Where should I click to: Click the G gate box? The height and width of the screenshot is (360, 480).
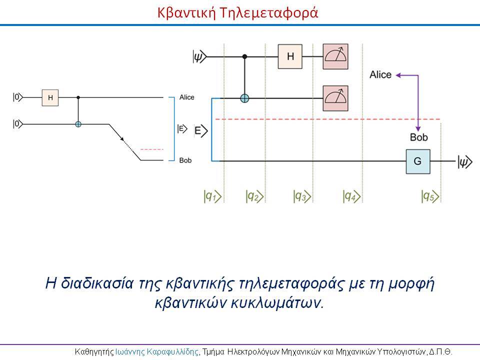pos(418,161)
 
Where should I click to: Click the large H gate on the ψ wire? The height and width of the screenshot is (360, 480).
pos(290,56)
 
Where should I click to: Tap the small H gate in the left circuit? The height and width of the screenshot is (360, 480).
pos(50,97)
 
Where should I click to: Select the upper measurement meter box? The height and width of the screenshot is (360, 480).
pos(335,56)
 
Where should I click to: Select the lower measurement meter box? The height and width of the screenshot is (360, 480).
pos(335,98)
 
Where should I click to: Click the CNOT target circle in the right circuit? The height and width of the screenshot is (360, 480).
pos(244,98)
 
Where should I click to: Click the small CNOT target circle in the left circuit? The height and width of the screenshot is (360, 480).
pos(78,124)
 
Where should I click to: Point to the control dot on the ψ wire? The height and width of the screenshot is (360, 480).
pos(244,56)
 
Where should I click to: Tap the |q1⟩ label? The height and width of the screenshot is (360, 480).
pos(212,196)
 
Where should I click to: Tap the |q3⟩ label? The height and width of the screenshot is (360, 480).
pos(302,196)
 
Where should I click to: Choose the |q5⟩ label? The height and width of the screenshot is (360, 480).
pos(430,196)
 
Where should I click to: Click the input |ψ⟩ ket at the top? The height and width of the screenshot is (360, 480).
pos(200,56)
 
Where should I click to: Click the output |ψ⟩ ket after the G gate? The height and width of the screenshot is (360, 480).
pos(465,161)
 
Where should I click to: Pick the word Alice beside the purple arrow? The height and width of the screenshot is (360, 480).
pos(380,74)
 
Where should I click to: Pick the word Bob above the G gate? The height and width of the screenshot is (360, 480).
pos(419,137)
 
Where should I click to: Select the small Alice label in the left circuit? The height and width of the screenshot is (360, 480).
pos(186,97)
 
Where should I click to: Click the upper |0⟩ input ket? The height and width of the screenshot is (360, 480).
pos(18,97)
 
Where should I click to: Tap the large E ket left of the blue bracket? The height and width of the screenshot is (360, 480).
pos(201,131)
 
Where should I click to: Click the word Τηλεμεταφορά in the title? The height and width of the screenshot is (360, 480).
pos(269,12)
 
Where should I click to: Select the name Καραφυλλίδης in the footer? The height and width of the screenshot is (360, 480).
pos(172,351)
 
